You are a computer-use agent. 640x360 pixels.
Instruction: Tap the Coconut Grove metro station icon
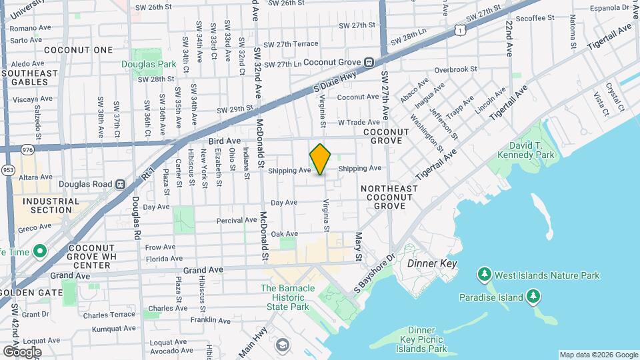pyautogui.click(x=368, y=62)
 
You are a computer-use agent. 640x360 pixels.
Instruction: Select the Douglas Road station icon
pyautogui.click(x=121, y=184)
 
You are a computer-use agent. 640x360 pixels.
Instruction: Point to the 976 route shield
pyautogui.click(x=27, y=151)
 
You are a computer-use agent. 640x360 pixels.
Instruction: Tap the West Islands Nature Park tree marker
pyautogui.click(x=485, y=275)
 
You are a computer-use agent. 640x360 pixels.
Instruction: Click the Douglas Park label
pyautogui.click(x=149, y=65)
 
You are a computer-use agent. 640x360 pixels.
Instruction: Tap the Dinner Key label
pyautogui.click(x=432, y=264)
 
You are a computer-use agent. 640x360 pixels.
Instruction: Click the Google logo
pyautogui.click(x=21, y=351)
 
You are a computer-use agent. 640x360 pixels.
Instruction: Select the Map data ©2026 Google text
pyautogui.click(x=598, y=355)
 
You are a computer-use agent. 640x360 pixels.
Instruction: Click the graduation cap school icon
pyautogui.click(x=282, y=345)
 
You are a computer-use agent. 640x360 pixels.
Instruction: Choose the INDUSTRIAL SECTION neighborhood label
pyautogui.click(x=51, y=205)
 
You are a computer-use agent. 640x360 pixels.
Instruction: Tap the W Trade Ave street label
pyautogui.click(x=359, y=123)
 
